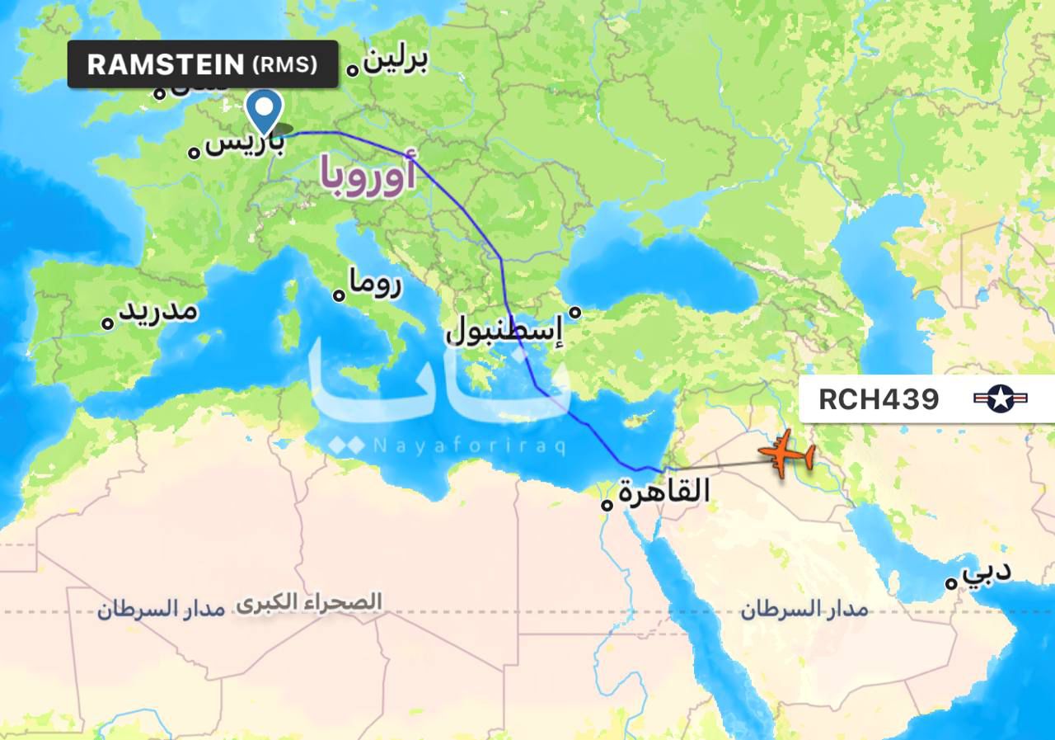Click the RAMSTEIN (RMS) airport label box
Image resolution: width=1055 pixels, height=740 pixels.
(203, 64)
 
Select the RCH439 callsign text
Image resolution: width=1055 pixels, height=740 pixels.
(879, 399)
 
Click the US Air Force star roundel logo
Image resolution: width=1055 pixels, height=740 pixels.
(1001, 399)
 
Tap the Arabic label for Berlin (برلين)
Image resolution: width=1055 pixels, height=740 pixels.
(396, 61)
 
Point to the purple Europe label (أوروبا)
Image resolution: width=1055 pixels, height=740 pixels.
(368, 176)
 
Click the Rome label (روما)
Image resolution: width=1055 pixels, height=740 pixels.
(375, 285)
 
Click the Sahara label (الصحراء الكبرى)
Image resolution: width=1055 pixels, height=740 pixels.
(309, 601)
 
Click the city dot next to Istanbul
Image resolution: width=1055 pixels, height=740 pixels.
(576, 312)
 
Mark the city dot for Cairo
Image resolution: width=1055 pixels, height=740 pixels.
(607, 502)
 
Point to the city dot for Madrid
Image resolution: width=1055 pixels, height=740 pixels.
(107, 323)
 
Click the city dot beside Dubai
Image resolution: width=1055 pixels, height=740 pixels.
(951, 582)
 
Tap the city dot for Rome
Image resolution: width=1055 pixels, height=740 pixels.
(339, 295)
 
